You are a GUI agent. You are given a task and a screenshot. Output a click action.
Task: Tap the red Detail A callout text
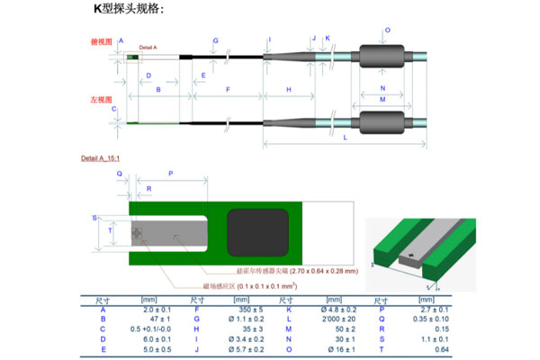coord(148,47)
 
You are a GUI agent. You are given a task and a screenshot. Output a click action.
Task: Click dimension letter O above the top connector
coord(387,31)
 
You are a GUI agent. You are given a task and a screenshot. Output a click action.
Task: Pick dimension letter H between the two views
coord(289,90)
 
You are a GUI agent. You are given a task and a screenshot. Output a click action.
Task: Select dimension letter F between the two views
coord(228,90)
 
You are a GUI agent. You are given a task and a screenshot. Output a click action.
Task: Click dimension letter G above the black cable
coord(215,41)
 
